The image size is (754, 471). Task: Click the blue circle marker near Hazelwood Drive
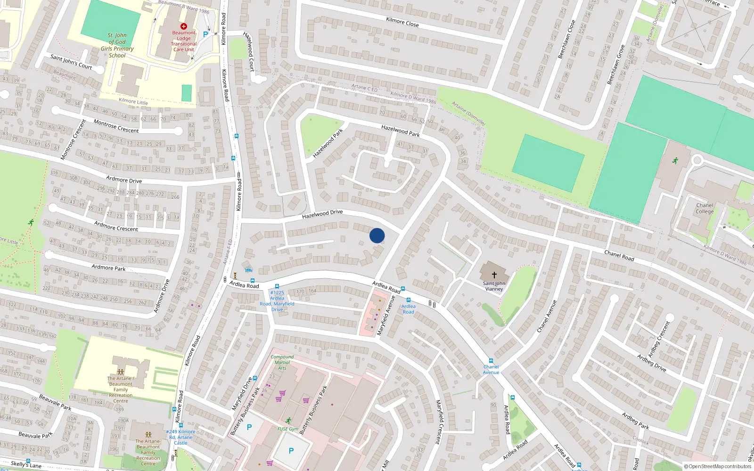(x=377, y=235)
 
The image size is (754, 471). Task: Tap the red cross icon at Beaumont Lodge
(x=184, y=26)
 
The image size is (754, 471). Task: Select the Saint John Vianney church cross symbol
(x=494, y=274)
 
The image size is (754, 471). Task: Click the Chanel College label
(x=705, y=208)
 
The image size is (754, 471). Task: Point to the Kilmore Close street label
(x=402, y=21)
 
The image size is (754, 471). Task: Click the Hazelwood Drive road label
(x=322, y=214)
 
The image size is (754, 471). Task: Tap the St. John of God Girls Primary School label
(x=117, y=45)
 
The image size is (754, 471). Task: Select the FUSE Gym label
(x=287, y=429)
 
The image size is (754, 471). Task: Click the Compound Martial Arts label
(x=282, y=362)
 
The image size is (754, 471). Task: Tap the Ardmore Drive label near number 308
(x=124, y=179)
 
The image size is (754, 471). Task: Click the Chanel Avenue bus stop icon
(x=491, y=361)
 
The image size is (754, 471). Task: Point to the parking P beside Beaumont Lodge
(x=205, y=34)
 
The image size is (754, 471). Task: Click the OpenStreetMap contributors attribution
(x=717, y=466)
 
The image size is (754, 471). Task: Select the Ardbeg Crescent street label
(x=658, y=339)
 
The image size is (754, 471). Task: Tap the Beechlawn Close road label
(x=566, y=40)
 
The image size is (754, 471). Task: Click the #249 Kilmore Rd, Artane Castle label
(x=180, y=437)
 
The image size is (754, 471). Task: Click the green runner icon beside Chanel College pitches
(x=675, y=161)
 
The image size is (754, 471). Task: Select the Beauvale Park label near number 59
(x=55, y=402)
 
